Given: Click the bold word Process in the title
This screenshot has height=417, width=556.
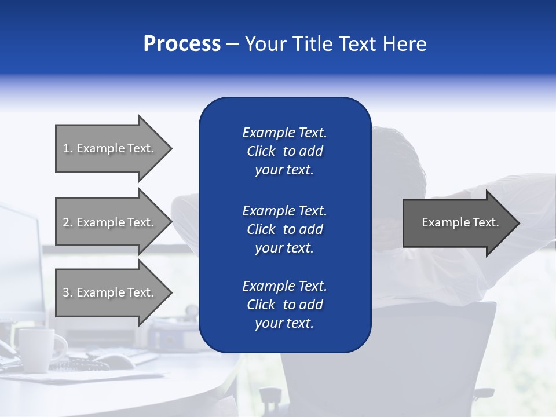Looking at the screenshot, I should click(x=182, y=44).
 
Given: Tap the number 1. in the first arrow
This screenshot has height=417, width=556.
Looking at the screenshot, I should click(x=68, y=148).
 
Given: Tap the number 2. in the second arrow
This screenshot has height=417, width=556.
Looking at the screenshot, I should click(x=68, y=222).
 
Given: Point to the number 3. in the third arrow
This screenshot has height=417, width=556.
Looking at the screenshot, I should click(x=68, y=292).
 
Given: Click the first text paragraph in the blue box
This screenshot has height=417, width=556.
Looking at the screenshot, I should click(x=284, y=151).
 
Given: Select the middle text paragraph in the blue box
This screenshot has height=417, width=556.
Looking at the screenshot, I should click(x=284, y=229).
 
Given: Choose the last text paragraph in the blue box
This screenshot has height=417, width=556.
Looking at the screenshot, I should click(x=284, y=305).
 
